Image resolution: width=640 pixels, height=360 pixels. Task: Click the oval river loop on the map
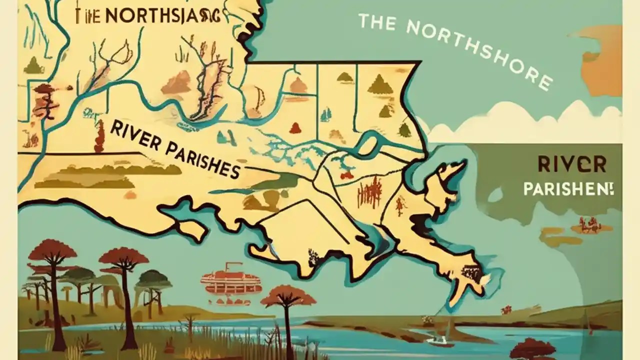(x=368, y=145)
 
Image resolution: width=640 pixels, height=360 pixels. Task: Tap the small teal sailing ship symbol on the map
(x=326, y=114)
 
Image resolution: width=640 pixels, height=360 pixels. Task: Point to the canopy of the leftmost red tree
(x=52, y=249)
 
